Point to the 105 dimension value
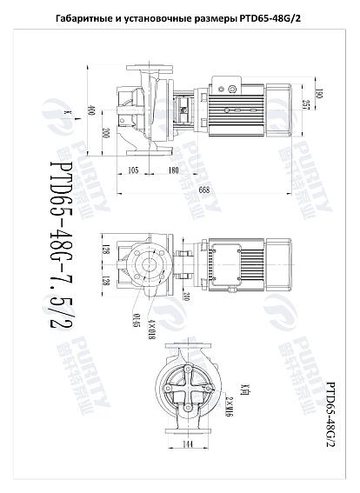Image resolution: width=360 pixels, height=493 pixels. click(134, 170)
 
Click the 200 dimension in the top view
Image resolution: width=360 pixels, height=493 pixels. click(105, 133)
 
